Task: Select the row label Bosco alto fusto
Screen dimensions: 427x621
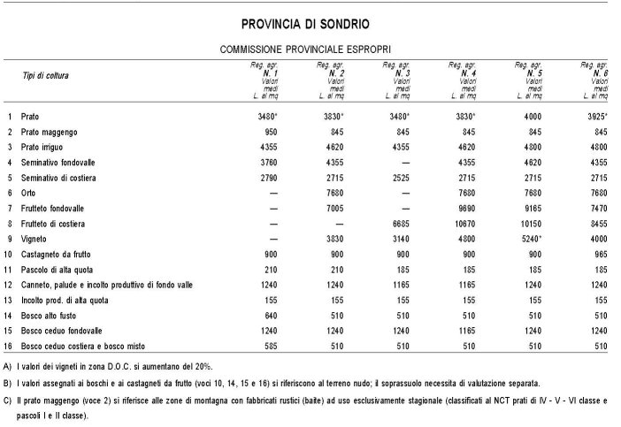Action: [x=52, y=315]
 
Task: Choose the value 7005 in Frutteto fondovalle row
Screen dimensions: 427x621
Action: [x=333, y=208]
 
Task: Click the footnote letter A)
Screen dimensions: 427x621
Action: [x=8, y=365]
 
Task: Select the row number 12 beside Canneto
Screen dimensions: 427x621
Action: [x=9, y=285]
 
